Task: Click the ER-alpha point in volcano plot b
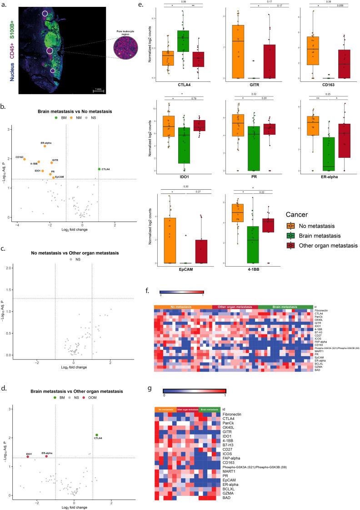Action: [x=45, y=146]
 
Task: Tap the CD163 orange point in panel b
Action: [x=24, y=159]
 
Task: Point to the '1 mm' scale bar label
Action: [x=98, y=89]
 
